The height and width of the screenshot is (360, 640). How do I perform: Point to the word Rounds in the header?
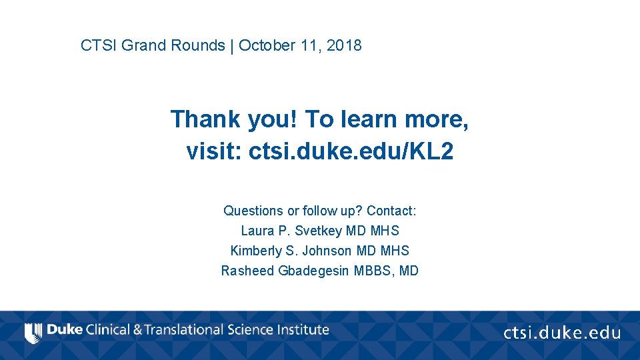[198, 46]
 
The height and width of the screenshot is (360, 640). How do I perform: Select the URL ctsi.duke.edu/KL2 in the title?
[351, 152]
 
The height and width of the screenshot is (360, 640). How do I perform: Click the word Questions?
[253, 211]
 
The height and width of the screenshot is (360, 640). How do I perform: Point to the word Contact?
[391, 211]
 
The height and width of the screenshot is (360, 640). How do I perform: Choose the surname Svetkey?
[317, 231]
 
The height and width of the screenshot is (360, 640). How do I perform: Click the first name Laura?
[257, 231]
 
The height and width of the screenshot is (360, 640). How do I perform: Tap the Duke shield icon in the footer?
[31, 332]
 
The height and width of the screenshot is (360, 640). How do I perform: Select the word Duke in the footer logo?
[65, 330]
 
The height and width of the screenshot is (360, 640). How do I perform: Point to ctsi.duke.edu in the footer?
[561, 333]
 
